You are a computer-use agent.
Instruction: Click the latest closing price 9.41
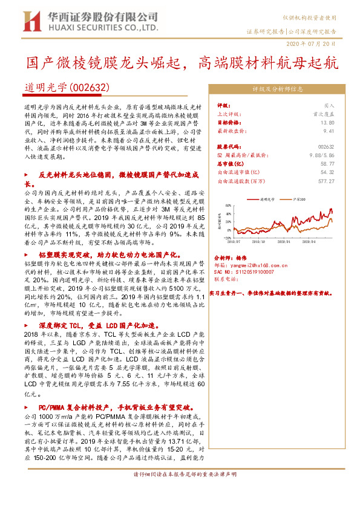pos(329,130)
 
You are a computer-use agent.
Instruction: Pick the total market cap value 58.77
pos(327,163)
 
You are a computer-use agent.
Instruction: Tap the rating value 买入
pos(329,105)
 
